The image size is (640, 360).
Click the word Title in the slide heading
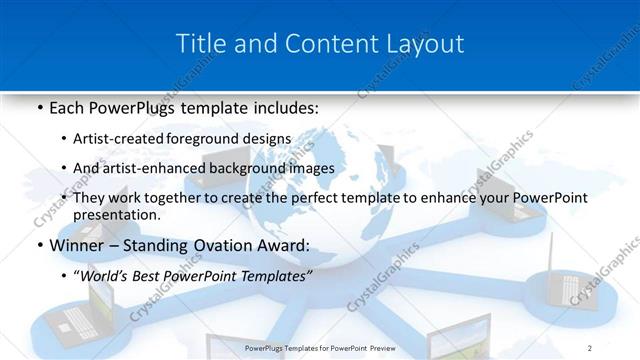coord(199,44)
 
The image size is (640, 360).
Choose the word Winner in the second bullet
coord(76,245)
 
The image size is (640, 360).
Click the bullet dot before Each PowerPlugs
coord(38,106)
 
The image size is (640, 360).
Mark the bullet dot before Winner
coord(38,246)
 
